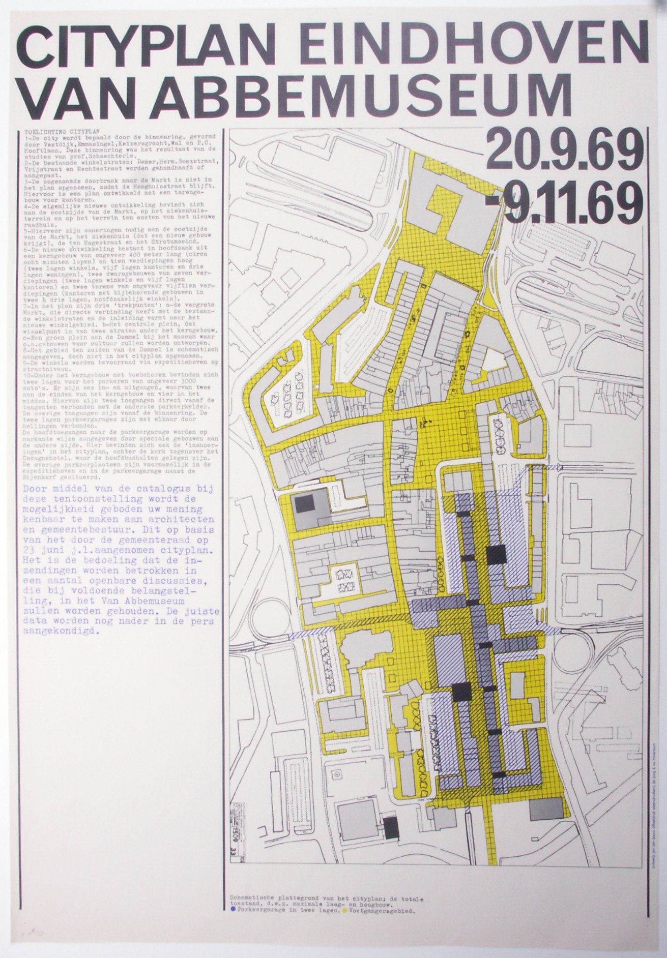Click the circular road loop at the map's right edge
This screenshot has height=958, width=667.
click(573, 653)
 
